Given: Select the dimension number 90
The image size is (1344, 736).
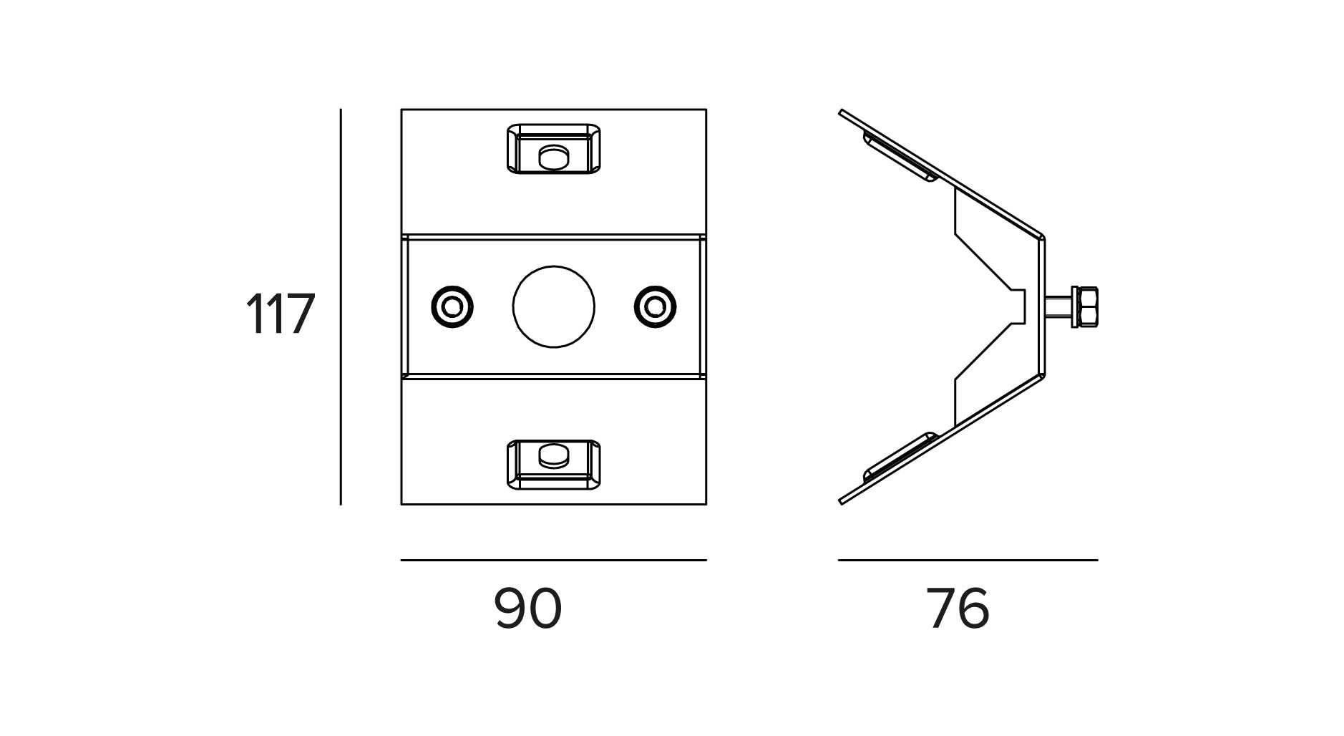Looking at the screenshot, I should point(527,609).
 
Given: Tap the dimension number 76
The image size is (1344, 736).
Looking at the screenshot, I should point(958,609).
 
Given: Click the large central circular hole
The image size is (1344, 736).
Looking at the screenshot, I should point(553,306).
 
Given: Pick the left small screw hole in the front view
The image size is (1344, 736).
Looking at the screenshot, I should point(452,306).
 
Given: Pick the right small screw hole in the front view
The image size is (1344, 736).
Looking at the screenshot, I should point(654,306).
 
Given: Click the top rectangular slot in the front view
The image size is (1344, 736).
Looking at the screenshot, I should point(553,149).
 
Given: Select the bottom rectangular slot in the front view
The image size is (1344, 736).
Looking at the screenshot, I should point(553,465).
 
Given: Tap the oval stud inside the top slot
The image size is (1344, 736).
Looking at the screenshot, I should point(552,157).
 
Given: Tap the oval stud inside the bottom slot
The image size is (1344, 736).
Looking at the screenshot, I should point(552,456).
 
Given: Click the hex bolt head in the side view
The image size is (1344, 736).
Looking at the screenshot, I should point(1084,307).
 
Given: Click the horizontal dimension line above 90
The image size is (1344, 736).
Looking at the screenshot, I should point(553,560).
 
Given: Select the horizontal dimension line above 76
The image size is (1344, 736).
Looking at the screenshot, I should point(968,560).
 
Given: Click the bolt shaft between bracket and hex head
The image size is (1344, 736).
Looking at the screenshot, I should point(1057,307).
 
